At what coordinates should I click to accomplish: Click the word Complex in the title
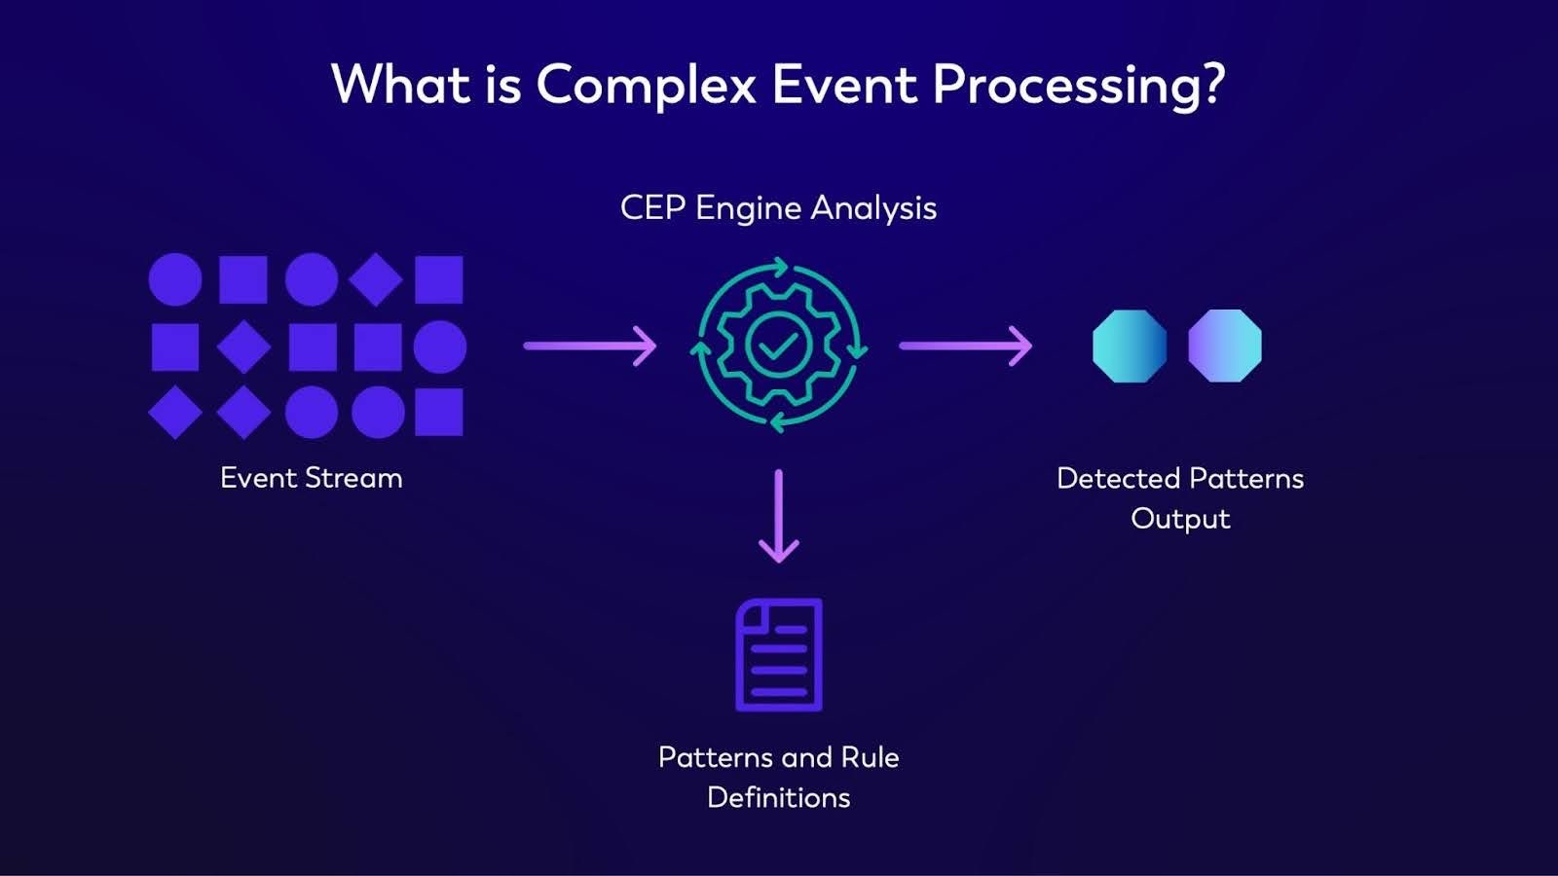(646, 85)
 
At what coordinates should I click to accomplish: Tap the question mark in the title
(1212, 85)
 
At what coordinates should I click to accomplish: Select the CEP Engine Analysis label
(778, 207)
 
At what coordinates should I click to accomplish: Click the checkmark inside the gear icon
(778, 346)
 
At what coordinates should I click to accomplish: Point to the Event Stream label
(311, 478)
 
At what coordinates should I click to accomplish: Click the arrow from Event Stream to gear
(590, 346)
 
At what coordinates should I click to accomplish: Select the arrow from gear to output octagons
(965, 346)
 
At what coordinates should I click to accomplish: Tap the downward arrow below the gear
(778, 516)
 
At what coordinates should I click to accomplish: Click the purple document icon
(778, 654)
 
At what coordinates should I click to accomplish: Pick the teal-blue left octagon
(1130, 346)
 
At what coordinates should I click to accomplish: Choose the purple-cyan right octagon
(1225, 346)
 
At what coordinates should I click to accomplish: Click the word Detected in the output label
(1118, 478)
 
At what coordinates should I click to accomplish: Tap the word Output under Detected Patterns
(1180, 518)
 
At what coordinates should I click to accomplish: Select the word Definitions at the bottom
(778, 797)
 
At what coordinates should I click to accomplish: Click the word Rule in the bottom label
(870, 757)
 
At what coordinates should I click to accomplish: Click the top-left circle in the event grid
(175, 279)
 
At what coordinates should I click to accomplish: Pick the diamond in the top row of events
(376, 279)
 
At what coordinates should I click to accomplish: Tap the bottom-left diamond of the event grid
(175, 412)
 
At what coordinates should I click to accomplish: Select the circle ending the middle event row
(440, 347)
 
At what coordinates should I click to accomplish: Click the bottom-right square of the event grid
(439, 412)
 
